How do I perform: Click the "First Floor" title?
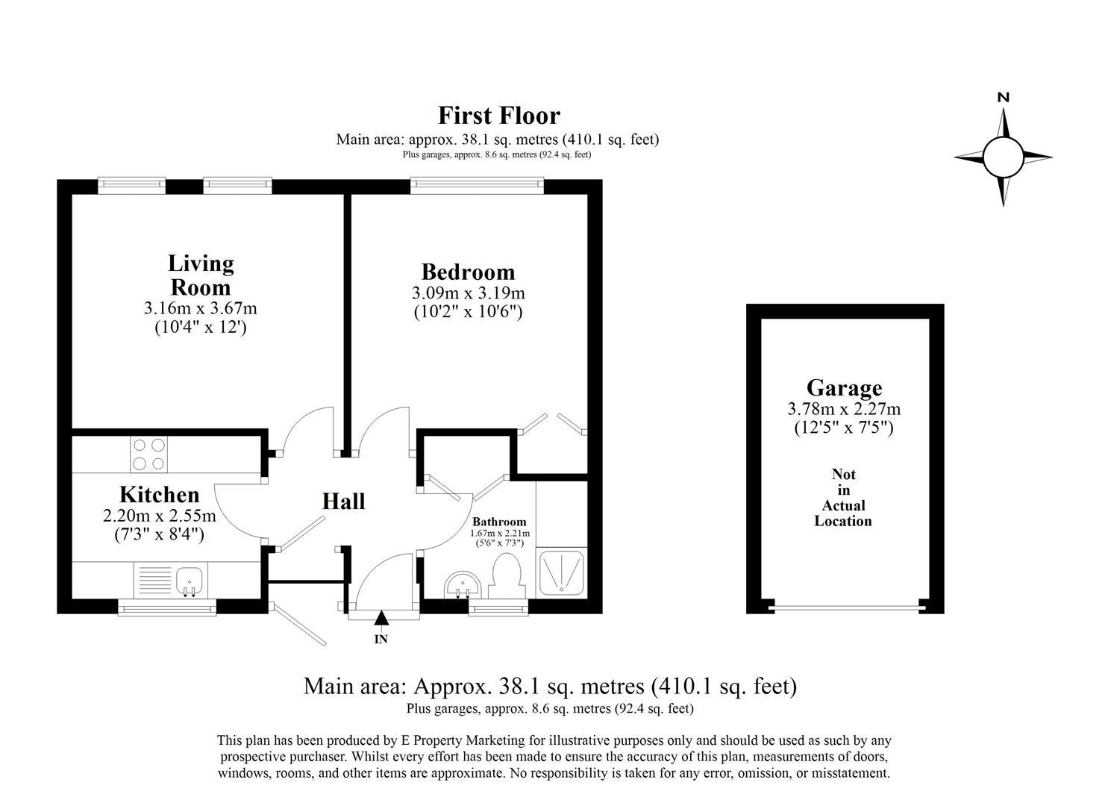(498, 116)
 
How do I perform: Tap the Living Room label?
(201, 275)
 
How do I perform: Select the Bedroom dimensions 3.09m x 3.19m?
(468, 293)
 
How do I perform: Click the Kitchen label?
(159, 495)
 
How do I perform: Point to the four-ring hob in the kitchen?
(148, 454)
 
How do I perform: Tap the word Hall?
(343, 502)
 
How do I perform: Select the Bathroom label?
(499, 522)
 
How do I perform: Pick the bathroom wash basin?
(462, 585)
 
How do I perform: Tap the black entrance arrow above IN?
(381, 618)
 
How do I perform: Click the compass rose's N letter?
(1004, 97)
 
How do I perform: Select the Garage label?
(844, 388)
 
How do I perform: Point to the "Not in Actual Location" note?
(843, 498)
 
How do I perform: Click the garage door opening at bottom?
(846, 605)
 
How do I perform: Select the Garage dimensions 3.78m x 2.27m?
(844, 409)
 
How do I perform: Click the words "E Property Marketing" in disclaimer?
(463, 741)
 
